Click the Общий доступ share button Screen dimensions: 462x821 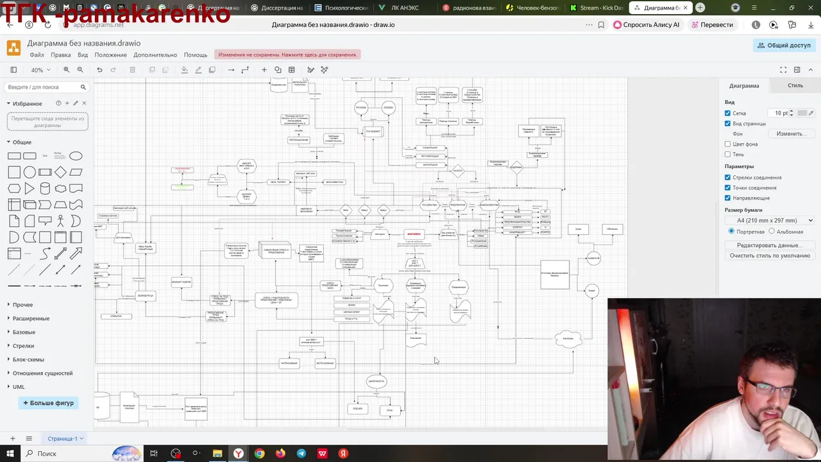click(784, 46)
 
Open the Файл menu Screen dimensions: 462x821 click(37, 55)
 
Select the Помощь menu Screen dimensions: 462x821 click(196, 55)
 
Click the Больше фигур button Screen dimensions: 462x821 click(49, 403)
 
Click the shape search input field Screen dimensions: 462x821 click(42, 87)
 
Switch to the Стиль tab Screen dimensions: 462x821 click(795, 85)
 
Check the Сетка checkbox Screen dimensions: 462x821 click(727, 113)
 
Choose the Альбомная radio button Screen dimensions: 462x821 click(772, 232)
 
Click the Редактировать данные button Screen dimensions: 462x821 click(770, 245)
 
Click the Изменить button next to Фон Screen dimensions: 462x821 click(791, 133)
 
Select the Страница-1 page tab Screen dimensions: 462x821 click(62, 439)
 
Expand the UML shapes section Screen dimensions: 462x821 click(19, 387)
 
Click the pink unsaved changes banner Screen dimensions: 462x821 click(287, 55)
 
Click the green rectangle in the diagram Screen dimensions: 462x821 click(182, 187)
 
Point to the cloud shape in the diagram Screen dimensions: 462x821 click(568, 339)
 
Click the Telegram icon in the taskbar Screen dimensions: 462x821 click(301, 454)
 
